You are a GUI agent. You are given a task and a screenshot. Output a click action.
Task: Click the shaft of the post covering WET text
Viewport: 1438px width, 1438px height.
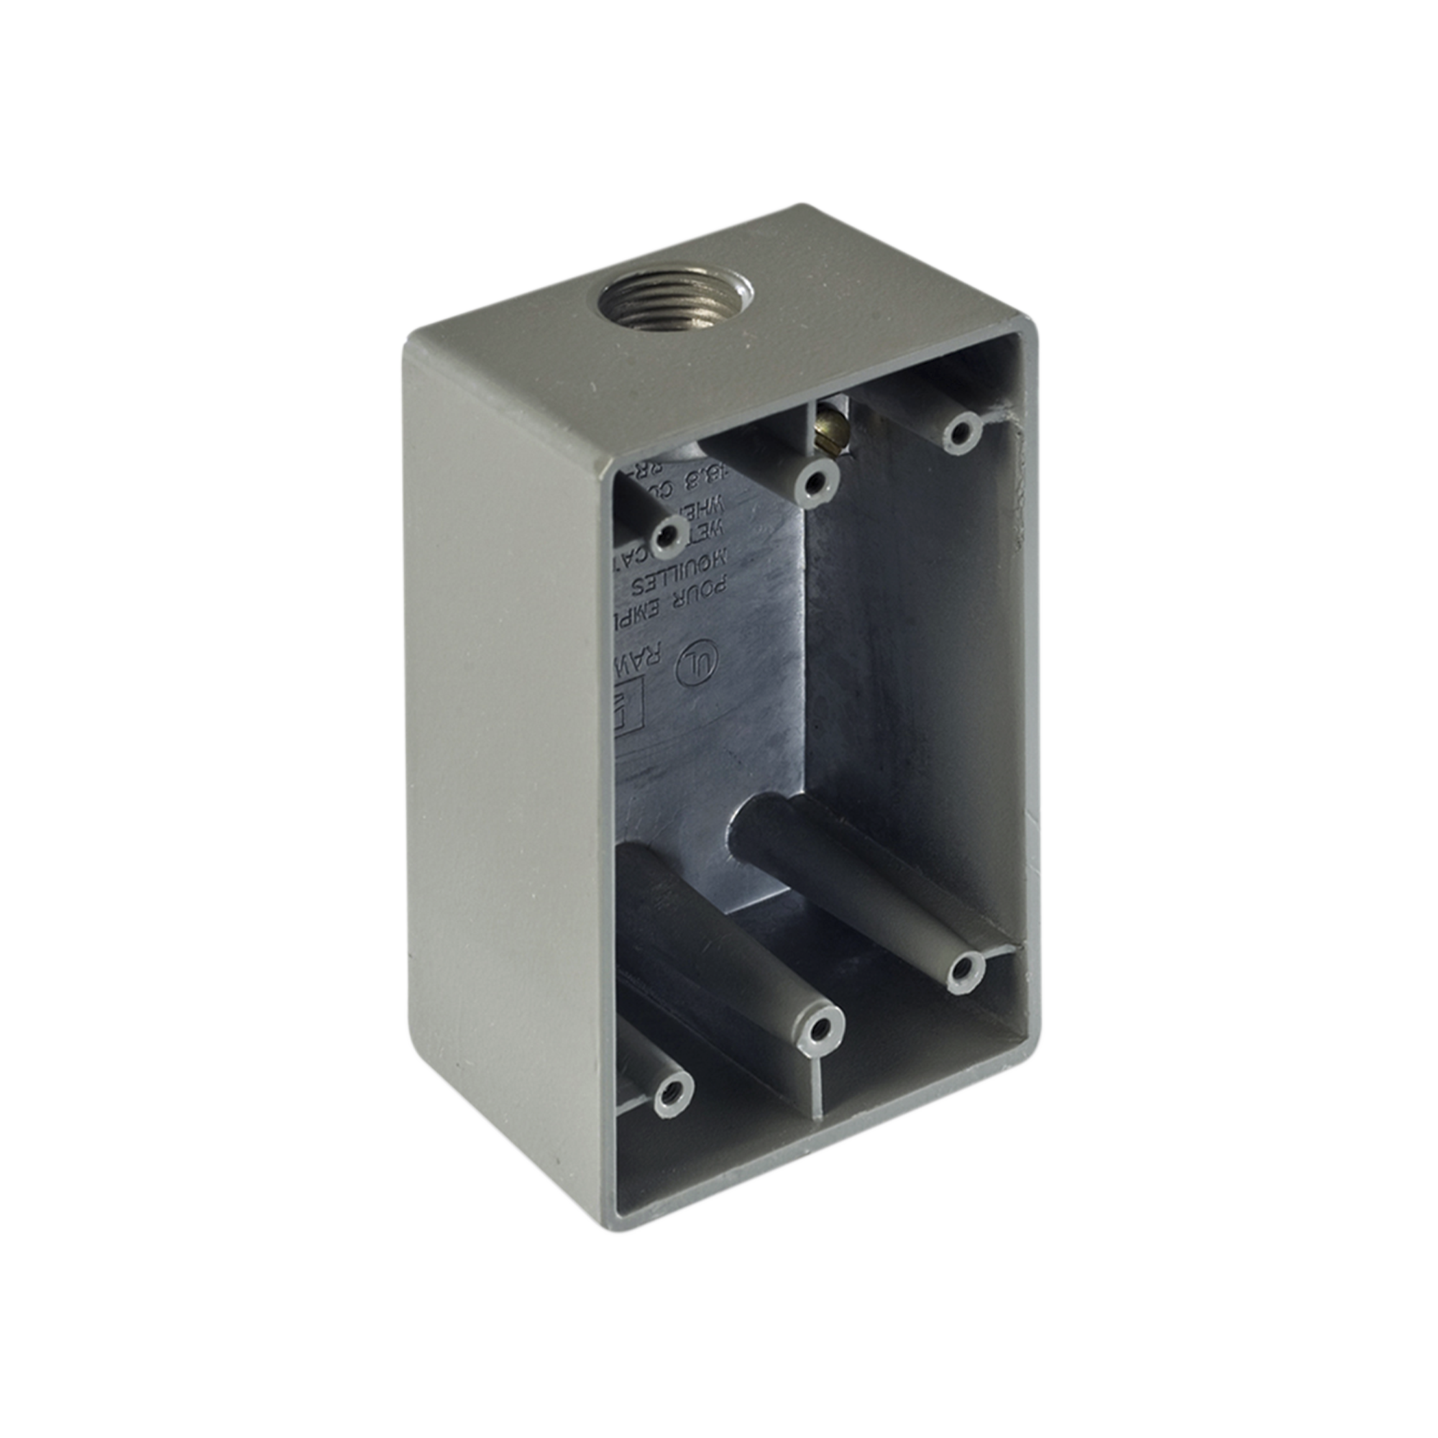[x=641, y=506]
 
